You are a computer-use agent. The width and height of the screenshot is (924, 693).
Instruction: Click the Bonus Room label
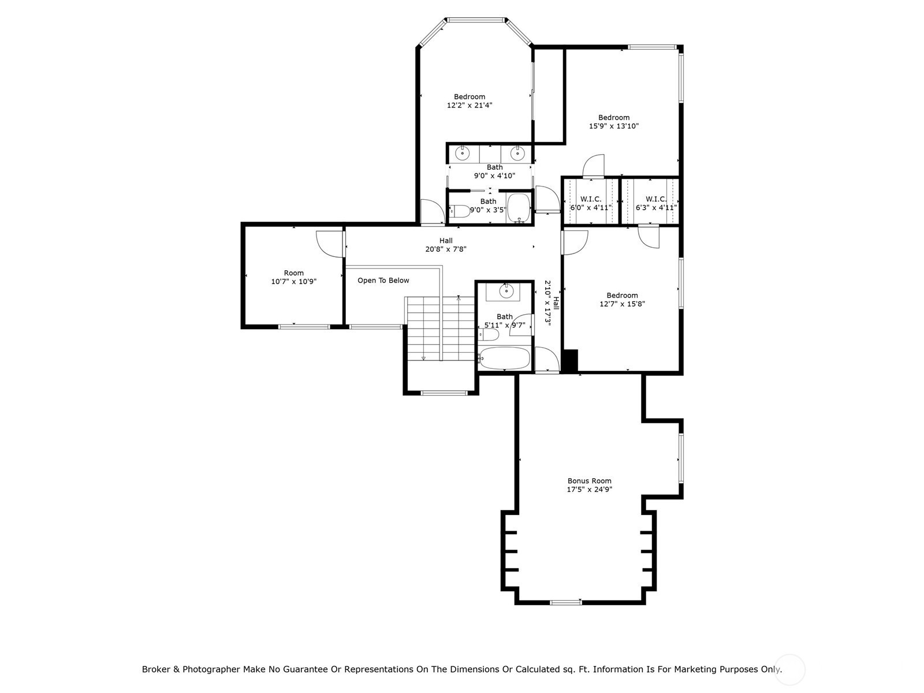click(589, 485)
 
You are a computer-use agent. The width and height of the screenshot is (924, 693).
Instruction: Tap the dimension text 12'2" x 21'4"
click(470, 105)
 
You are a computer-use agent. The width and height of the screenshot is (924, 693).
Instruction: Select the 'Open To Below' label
click(383, 280)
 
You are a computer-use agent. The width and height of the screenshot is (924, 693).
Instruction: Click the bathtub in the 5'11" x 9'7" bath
click(504, 358)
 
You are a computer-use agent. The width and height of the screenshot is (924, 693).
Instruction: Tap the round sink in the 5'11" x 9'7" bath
click(506, 290)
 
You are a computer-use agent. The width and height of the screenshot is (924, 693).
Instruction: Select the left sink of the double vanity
click(463, 153)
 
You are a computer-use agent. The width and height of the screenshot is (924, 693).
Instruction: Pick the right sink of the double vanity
click(517, 153)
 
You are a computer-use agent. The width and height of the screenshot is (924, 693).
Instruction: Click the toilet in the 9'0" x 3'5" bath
click(460, 211)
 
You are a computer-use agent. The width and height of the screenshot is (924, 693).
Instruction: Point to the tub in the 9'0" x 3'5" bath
click(519, 207)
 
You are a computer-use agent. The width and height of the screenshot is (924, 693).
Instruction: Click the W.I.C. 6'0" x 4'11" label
click(591, 203)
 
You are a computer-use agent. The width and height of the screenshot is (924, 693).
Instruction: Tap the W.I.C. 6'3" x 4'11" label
click(656, 203)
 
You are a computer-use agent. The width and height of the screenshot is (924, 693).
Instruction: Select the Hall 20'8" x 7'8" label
click(446, 245)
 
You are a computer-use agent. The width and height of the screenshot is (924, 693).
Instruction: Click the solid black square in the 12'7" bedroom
click(570, 360)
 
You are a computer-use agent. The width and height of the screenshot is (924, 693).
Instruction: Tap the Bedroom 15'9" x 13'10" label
click(614, 122)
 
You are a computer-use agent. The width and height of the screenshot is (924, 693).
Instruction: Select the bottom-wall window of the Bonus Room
click(566, 602)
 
